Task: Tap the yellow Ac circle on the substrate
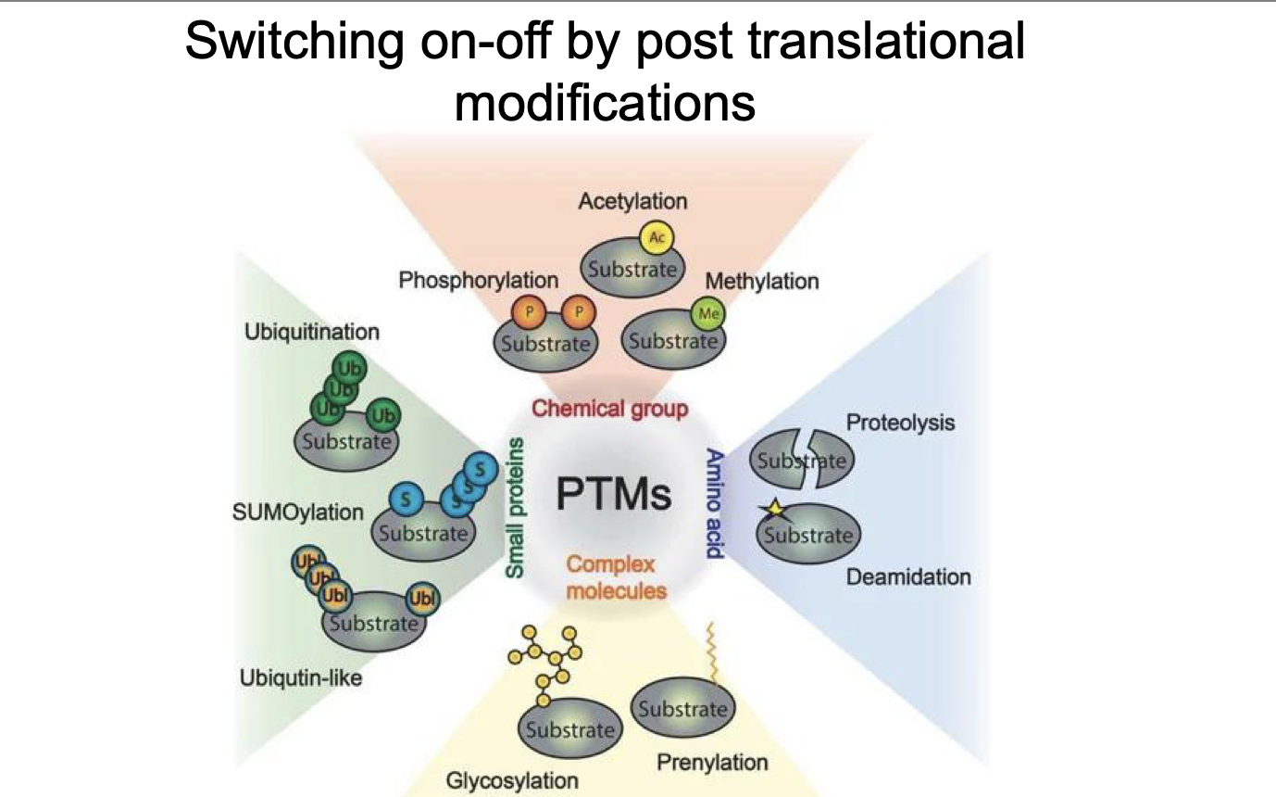(657, 238)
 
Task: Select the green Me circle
(709, 313)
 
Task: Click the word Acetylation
(632, 200)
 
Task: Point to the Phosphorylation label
(478, 279)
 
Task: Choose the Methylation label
(762, 280)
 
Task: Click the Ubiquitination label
(312, 331)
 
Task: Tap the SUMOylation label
(298, 512)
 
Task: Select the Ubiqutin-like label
(300, 679)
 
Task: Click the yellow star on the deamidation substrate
(770, 509)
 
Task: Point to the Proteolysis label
(900, 423)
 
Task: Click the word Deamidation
(908, 576)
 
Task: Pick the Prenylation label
(712, 762)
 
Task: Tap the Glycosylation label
(512, 780)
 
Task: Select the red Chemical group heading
(609, 408)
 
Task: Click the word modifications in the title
(605, 102)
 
